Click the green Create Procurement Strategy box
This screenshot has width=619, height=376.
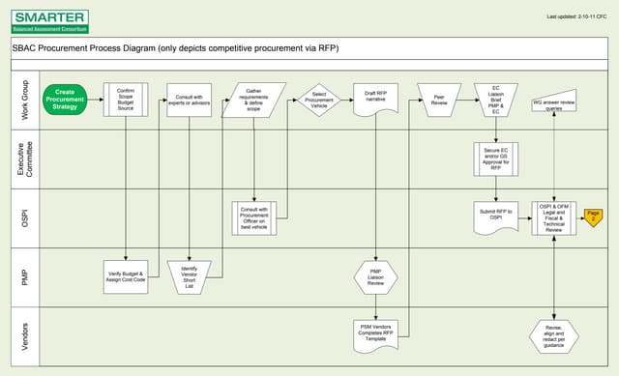click(66, 100)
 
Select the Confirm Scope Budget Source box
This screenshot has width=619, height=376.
click(125, 100)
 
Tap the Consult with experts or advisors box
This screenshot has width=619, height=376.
click(188, 100)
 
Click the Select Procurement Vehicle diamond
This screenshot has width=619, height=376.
click(319, 100)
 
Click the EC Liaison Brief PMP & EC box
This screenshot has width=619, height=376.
click(495, 100)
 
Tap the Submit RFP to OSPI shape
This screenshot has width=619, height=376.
click(495, 216)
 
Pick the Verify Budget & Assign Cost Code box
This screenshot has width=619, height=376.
click(126, 277)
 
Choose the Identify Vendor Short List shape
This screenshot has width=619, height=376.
click(188, 277)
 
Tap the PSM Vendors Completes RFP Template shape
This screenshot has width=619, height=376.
click(376, 332)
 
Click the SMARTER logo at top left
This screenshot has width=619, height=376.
click(48, 19)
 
